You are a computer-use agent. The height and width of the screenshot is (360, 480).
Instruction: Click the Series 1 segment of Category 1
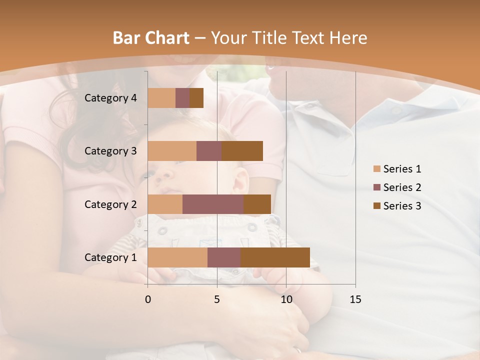(x=177, y=257)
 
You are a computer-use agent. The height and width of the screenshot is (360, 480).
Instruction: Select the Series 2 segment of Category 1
(x=224, y=257)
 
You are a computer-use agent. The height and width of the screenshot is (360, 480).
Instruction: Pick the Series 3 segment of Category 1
(x=275, y=257)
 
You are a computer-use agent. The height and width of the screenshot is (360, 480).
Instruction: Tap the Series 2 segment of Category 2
(x=213, y=204)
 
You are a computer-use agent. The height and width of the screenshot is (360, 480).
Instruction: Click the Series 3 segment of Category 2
(x=257, y=204)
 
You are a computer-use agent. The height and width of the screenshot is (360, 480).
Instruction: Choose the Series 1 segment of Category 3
(x=172, y=151)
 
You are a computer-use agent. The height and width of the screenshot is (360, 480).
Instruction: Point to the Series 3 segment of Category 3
(x=242, y=151)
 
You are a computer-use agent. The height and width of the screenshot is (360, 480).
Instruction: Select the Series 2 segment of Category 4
(x=182, y=98)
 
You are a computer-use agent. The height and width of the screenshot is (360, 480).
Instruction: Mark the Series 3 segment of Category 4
(x=196, y=98)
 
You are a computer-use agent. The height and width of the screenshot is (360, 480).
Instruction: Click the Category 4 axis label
(x=110, y=98)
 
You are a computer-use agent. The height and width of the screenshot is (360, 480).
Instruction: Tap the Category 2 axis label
(x=110, y=204)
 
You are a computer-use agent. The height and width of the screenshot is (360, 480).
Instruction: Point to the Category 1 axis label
(x=110, y=257)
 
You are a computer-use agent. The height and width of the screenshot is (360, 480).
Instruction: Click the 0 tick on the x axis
(x=148, y=299)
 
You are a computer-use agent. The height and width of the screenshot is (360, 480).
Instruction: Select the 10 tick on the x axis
(x=286, y=299)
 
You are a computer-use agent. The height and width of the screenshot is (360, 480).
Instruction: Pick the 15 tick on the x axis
(x=355, y=299)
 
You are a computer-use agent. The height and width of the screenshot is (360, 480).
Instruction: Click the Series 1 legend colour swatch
(x=377, y=169)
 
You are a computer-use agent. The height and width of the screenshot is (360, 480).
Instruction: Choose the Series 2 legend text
(x=402, y=187)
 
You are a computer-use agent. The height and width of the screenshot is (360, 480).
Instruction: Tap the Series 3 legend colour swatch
(x=377, y=206)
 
